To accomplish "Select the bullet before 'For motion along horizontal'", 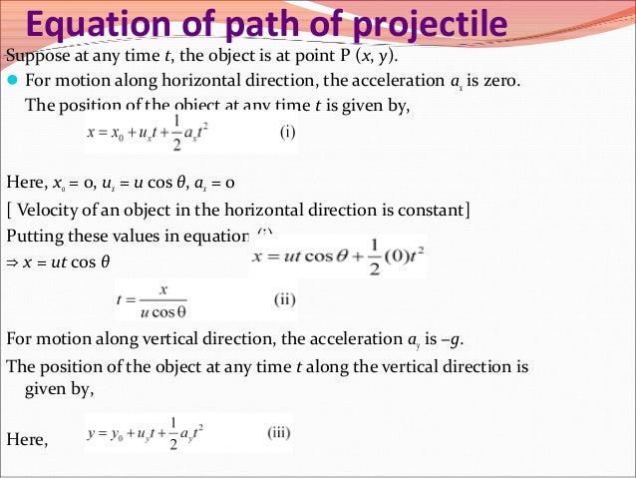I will (x=13, y=81).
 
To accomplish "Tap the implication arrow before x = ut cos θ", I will (x=12, y=262).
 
